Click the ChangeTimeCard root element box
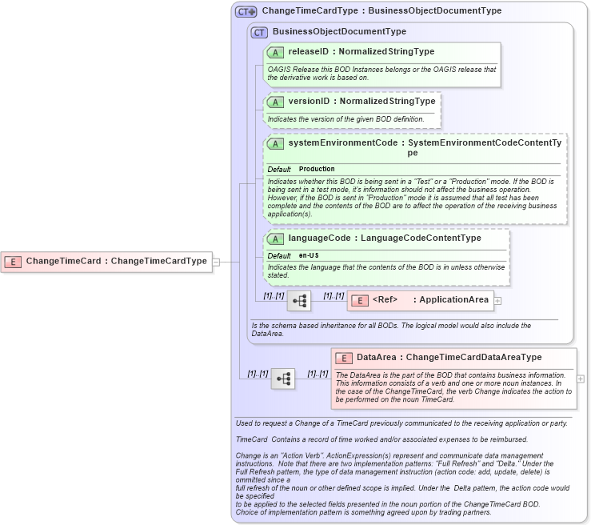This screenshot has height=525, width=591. point(107,261)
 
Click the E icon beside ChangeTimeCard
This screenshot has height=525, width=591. point(13,261)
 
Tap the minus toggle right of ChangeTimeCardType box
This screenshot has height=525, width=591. point(216,261)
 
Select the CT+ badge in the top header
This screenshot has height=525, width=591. point(246,11)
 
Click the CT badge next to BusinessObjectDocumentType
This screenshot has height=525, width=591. point(259,32)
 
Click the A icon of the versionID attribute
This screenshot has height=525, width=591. point(276,102)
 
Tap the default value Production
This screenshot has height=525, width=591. point(317,170)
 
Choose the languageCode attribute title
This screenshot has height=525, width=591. point(385,238)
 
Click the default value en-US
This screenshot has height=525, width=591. point(309,255)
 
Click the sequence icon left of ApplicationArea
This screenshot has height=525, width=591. point(299,301)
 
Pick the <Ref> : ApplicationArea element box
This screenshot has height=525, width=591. point(420,300)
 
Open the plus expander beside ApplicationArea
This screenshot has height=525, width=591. point(498,301)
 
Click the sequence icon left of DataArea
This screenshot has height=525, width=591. point(283,379)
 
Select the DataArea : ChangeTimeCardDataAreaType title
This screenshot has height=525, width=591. point(449,357)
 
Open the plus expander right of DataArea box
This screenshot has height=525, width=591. point(581,379)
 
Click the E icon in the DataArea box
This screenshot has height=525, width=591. point(344,358)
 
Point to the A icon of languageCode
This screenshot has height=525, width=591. point(276,238)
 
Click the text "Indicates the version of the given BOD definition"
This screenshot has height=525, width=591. point(345,119)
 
